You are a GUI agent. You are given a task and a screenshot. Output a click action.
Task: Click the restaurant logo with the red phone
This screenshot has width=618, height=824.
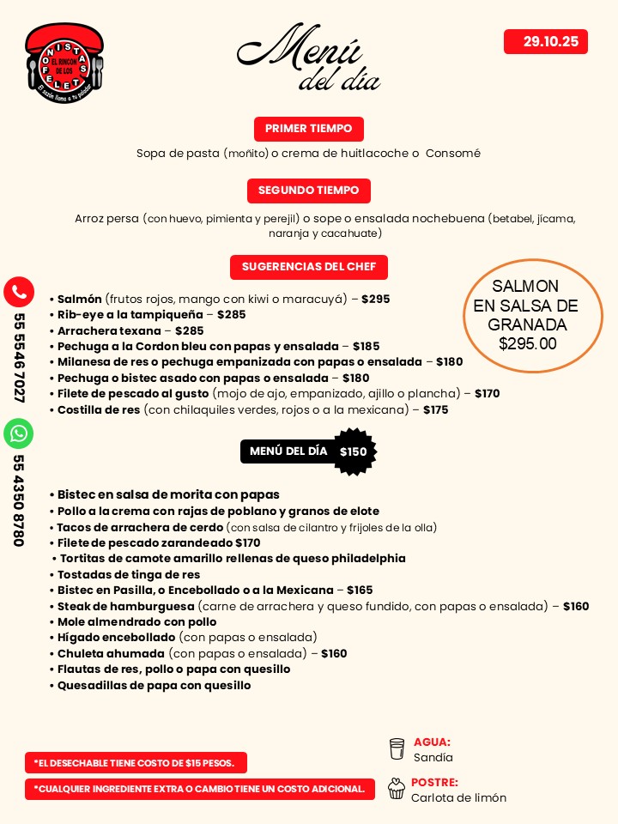[x=64, y=63]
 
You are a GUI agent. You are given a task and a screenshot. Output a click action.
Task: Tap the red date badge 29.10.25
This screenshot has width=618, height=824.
[x=546, y=41]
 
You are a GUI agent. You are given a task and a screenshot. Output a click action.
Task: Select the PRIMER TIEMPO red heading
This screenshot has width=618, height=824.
[x=308, y=129]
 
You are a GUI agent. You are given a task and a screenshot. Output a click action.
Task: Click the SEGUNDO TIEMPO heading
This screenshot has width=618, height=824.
[x=308, y=191]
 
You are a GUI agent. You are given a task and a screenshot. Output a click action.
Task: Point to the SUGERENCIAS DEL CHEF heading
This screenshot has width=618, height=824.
[x=308, y=267]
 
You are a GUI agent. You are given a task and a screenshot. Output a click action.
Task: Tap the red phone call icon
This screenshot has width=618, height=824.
[x=19, y=292]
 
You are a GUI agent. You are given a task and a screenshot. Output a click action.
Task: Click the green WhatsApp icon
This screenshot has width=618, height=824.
[x=19, y=433]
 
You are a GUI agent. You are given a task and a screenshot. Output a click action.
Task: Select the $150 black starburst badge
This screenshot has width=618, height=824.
[x=353, y=452]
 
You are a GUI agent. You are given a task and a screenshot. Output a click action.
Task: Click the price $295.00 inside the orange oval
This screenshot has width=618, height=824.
[x=527, y=344]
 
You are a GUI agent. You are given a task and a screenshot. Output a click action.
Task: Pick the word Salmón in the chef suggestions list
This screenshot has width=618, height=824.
[x=80, y=300]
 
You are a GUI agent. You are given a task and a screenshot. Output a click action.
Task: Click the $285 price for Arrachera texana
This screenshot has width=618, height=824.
[x=190, y=330]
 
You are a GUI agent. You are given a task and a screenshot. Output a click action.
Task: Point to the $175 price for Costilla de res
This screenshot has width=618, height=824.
[x=435, y=409]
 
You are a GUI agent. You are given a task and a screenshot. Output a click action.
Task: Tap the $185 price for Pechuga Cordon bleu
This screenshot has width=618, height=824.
[x=366, y=347]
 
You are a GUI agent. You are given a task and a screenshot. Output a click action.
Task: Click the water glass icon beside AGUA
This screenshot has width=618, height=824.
[x=397, y=749]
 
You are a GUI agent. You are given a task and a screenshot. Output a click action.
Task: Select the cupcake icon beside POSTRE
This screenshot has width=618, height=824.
[x=397, y=789]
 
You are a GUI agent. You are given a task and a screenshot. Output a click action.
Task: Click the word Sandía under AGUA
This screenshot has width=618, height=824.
[x=433, y=758]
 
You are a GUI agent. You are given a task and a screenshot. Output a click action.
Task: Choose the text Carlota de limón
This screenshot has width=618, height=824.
[x=458, y=797]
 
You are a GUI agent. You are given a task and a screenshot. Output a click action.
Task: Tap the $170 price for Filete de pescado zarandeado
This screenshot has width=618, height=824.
[x=248, y=542]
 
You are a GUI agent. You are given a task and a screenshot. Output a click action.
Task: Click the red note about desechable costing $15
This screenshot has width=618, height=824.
[x=136, y=762]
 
